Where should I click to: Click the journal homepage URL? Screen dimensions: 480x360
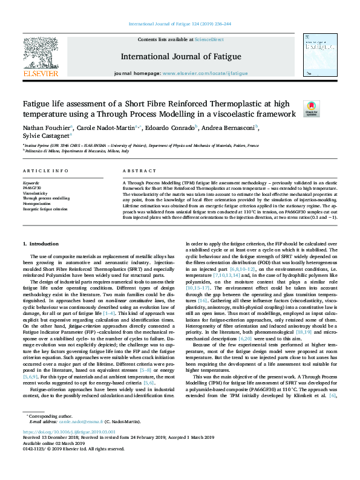point(205,73)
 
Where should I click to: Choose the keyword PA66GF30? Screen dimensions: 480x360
point(32,187)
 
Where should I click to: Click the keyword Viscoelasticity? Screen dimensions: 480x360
point(37,193)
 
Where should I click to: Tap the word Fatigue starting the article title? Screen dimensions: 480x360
point(39,103)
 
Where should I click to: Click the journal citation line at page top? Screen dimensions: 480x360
point(180,24)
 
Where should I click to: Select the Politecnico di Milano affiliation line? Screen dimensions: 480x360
point(76,151)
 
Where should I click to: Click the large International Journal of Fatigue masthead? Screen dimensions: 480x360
point(181,57)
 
